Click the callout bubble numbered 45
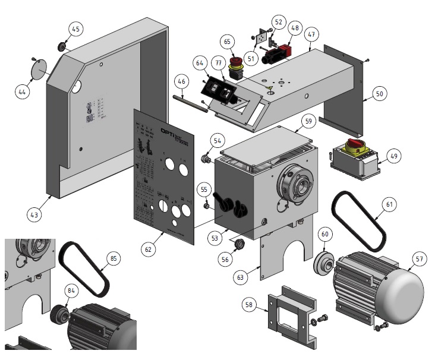[76, 29]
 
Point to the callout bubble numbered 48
[295, 28]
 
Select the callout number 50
[380, 93]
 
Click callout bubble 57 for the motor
[420, 258]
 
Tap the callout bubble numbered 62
[148, 250]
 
